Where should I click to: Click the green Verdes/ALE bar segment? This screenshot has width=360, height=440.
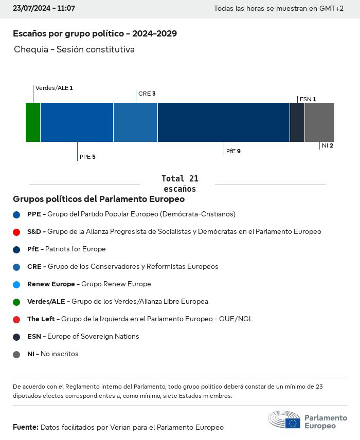(33, 122)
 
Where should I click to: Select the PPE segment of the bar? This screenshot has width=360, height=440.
(77, 122)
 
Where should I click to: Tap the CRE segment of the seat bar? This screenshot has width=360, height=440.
(135, 122)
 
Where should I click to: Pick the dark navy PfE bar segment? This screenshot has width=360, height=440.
(224, 122)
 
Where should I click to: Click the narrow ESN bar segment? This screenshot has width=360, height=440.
(297, 122)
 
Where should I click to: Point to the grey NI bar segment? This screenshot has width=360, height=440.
(319, 122)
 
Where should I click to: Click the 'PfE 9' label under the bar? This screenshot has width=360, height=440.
(233, 152)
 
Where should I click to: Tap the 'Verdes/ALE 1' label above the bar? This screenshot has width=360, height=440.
(54, 88)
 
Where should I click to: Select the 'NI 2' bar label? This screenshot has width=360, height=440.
(328, 146)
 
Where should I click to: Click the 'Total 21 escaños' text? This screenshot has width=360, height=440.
(179, 184)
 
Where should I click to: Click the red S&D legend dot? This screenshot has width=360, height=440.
(17, 232)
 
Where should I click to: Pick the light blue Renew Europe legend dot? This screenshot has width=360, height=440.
(17, 284)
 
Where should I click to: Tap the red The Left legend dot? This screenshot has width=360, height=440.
(17, 319)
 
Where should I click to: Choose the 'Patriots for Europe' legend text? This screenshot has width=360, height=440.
(76, 249)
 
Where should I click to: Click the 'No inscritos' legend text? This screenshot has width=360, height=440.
(60, 354)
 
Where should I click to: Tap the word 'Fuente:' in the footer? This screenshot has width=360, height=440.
(26, 427)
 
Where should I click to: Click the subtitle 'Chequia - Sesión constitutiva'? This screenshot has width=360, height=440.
(74, 50)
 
